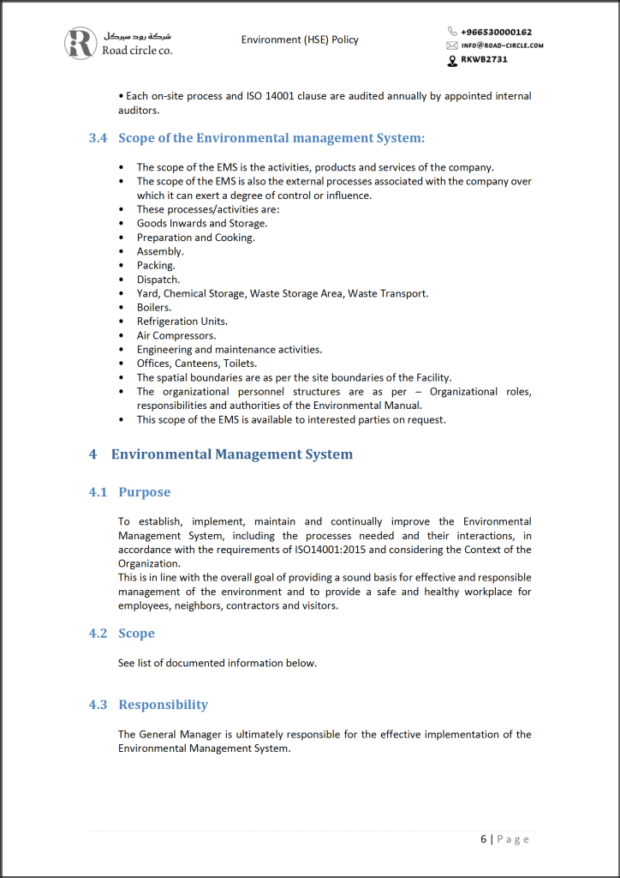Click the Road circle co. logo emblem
[x=80, y=43]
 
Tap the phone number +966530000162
[x=496, y=32]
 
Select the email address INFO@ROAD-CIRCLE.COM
[x=502, y=45]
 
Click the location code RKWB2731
[x=486, y=60]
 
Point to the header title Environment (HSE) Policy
[x=300, y=39]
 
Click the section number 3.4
[x=98, y=138]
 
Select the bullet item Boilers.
[x=154, y=307]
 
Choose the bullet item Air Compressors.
[x=176, y=335]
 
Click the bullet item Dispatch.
[x=158, y=280]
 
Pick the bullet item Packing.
[x=156, y=265]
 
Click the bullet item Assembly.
[x=160, y=251]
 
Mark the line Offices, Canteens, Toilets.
[x=196, y=364]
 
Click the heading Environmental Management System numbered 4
[x=231, y=454]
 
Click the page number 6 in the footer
[x=484, y=839]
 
